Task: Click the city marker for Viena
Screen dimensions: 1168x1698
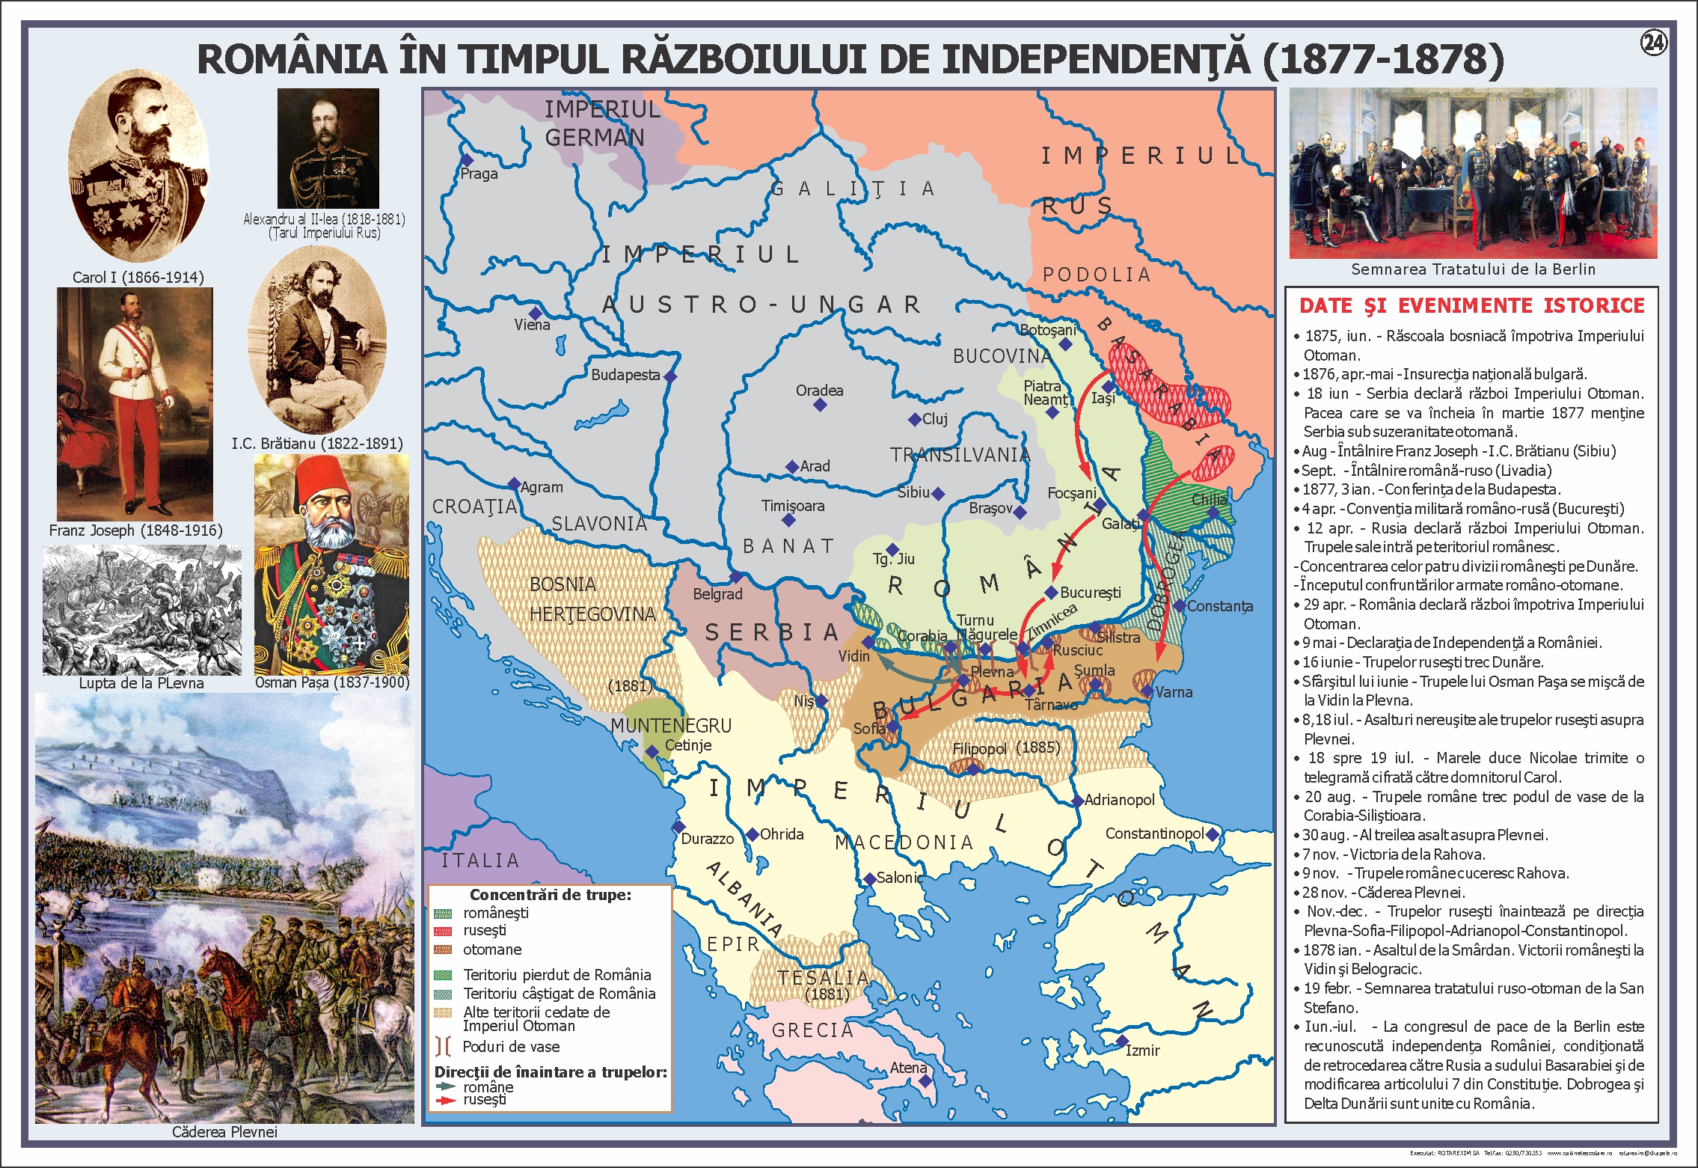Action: point(535,313)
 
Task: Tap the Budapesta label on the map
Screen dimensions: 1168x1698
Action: point(625,375)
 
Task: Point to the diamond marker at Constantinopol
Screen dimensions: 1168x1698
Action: point(1213,834)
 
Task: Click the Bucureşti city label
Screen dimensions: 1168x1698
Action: point(1091,593)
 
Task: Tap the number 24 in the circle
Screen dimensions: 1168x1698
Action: point(1653,43)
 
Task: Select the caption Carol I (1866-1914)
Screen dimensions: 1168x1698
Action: point(138,277)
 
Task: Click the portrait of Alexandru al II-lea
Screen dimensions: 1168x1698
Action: point(328,147)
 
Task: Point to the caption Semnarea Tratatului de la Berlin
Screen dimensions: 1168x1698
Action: point(1473,269)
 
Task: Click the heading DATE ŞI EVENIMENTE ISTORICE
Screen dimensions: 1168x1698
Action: point(1471,305)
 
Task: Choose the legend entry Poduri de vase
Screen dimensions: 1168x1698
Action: point(511,1047)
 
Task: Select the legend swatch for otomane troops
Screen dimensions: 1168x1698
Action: point(443,950)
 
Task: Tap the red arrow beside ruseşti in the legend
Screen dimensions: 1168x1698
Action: point(446,1101)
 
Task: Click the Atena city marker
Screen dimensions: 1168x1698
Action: point(925,1080)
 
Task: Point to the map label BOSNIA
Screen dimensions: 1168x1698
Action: point(563,584)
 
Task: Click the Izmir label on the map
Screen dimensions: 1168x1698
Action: point(1143,1051)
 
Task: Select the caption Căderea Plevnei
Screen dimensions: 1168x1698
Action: point(224,1132)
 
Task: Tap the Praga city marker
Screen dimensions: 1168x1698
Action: point(467,159)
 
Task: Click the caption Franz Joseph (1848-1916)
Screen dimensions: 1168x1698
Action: point(135,531)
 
